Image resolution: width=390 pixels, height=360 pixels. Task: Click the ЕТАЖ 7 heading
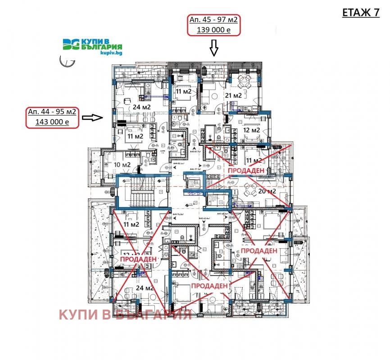pyautogui.click(x=361, y=13)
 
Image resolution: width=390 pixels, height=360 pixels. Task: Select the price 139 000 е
pyautogui.click(x=213, y=30)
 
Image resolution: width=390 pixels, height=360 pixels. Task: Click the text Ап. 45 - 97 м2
pyautogui.click(x=213, y=20)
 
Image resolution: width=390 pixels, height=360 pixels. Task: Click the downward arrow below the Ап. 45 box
pyautogui.click(x=213, y=46)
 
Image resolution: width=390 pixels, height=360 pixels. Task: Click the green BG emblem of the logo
pyautogui.click(x=71, y=45)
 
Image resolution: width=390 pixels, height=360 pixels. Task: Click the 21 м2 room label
pyautogui.click(x=233, y=95)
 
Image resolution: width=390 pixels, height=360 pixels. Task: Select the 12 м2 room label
pyautogui.click(x=251, y=130)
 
